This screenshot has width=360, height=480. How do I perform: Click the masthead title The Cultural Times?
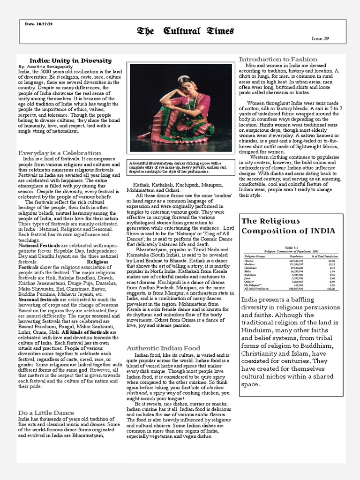tap(185, 31)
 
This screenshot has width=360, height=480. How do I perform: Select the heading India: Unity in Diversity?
tap(70, 60)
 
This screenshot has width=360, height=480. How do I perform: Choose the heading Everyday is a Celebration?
tap(60, 153)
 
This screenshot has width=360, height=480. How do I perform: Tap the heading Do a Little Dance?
tap(46, 412)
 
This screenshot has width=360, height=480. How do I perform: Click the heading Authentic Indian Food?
tap(163, 348)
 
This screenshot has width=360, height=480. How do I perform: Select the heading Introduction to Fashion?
tap(278, 59)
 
